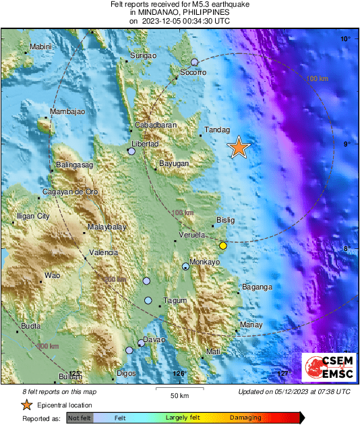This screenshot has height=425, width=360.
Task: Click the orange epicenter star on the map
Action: [239, 147]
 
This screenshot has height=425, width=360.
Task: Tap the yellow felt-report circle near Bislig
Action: [223, 246]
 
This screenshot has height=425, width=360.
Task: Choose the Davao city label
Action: [154, 339]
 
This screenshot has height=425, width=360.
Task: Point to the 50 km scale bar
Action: [179, 389]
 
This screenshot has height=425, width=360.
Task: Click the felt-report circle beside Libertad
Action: [131, 152]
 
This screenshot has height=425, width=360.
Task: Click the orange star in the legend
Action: [26, 405]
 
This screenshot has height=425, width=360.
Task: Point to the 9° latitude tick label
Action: [345, 144]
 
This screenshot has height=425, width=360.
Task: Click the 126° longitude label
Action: [178, 373]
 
